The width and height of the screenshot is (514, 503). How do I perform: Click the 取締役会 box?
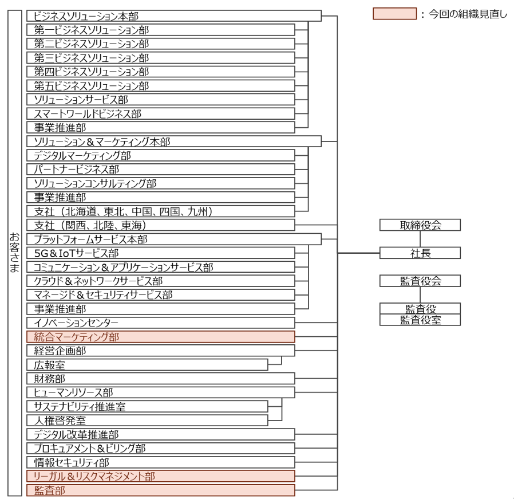420,225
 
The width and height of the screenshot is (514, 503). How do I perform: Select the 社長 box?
420,253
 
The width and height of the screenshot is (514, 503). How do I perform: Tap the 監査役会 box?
420,281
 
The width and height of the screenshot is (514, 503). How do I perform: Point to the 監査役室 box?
420,320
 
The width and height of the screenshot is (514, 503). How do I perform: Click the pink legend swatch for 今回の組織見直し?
394,14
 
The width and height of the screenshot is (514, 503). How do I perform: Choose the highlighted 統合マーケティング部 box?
160,337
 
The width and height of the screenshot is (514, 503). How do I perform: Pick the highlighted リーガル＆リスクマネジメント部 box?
160,476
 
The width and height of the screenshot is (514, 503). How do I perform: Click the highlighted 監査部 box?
160,490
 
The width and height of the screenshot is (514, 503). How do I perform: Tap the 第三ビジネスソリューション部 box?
160,58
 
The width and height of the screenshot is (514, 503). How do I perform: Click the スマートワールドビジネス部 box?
160,113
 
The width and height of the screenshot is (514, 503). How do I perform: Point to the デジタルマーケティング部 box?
160,155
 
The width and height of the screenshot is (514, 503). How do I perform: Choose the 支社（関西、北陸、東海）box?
160,225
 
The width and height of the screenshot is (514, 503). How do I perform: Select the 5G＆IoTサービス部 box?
160,253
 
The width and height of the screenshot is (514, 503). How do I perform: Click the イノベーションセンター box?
160,323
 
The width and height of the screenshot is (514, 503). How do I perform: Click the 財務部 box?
160,379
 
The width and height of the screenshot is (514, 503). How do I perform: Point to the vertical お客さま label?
15,252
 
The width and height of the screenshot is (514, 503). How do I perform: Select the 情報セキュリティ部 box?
160,462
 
